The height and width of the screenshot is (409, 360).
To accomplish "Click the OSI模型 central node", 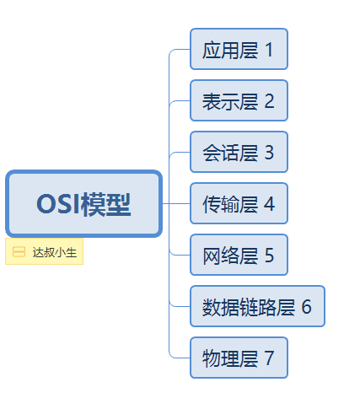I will coord(83,204).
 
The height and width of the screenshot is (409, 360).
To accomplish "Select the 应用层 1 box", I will coord(239,49).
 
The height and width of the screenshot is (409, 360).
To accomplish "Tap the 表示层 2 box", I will coord(239,101).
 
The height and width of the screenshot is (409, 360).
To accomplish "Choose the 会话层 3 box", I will coord(239,153).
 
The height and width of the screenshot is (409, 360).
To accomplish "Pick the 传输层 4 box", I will coord(239,204).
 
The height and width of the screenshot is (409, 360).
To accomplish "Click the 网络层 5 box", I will coord(239,256).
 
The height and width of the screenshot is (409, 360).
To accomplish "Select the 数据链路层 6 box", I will coord(257,307).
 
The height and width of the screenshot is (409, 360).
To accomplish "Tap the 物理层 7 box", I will coord(239,358).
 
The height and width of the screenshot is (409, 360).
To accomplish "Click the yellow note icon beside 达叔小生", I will coord(19,252).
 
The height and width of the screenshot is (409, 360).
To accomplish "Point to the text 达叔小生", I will coord(54,252).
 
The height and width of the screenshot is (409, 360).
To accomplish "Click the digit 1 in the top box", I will coord(270,50).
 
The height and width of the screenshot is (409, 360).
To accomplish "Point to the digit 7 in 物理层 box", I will coord(270,358).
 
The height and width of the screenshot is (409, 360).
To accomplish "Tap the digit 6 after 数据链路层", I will coord(307,307).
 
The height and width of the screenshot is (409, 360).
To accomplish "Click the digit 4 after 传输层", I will coord(270,204).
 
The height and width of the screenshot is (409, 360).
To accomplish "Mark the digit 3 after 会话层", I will coord(270,153).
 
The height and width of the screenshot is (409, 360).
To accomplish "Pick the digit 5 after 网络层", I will coord(270,256).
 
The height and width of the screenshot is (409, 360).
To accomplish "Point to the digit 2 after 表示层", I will coord(270,101).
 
